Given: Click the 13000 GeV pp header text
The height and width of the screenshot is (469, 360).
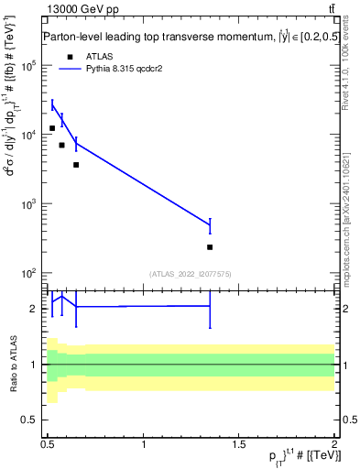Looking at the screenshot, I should tap(81, 9).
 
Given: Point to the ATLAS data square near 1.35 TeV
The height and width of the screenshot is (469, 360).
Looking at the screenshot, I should tap(210, 247).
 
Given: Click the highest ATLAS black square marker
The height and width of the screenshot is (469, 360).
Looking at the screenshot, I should tap(52, 128).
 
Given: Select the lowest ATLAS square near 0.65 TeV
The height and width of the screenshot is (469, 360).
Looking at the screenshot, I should tap(76, 165).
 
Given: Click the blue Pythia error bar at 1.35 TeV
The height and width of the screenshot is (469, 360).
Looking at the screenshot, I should tap(210, 225).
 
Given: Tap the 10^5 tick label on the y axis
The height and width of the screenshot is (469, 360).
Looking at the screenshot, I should tap(30, 66).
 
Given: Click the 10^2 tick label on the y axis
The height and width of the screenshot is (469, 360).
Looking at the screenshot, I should tap(30, 273).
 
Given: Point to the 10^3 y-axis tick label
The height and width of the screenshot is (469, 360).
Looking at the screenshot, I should tap(30, 204).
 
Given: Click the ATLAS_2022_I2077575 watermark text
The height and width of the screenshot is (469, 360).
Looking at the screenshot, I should tap(190, 274).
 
